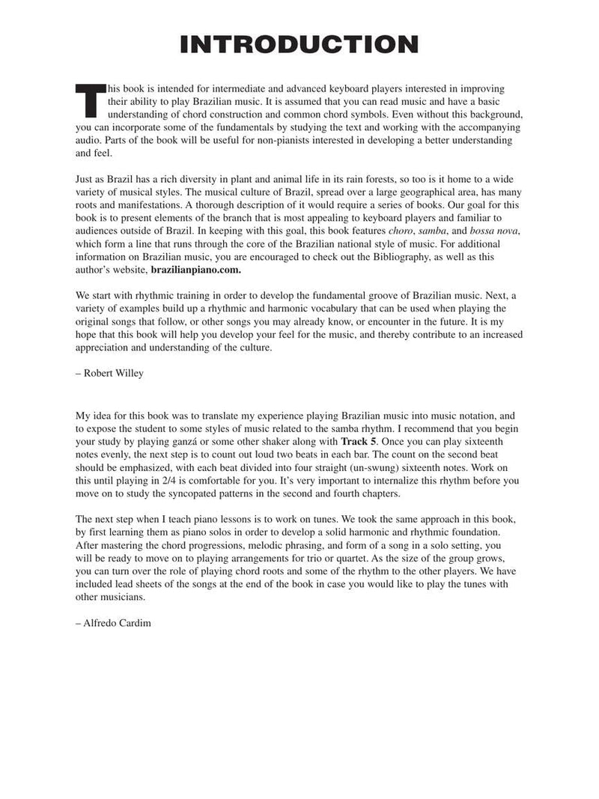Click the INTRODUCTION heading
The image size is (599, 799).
[299, 44]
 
